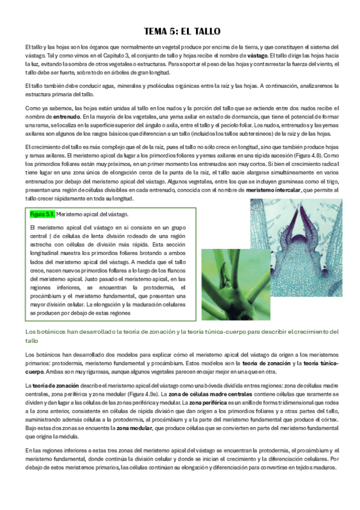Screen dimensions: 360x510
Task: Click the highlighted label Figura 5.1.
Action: point(42,214)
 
